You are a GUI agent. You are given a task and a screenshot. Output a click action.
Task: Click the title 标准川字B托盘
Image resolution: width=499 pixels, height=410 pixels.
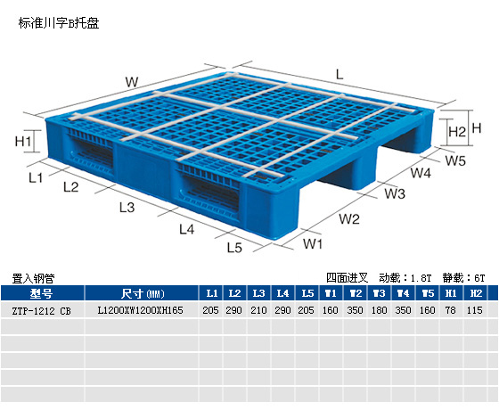59,23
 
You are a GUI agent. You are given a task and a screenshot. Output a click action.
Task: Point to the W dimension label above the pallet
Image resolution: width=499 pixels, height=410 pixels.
132,82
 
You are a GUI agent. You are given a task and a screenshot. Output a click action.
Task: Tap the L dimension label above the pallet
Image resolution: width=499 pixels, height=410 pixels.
339,75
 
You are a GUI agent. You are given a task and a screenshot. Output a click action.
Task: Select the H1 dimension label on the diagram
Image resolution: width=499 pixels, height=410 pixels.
23,141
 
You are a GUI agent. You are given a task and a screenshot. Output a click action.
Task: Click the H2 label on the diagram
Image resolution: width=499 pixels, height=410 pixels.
457,131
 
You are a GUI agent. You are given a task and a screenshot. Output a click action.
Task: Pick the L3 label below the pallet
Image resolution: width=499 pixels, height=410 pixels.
127,207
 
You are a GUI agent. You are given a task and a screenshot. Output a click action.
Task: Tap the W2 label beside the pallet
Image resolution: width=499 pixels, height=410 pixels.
349,219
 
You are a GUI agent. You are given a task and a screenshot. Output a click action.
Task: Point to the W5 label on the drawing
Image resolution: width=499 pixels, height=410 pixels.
455,160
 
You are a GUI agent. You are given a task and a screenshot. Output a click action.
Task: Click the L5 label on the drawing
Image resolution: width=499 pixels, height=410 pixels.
234,248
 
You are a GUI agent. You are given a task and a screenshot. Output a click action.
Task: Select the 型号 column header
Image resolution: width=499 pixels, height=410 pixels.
41,293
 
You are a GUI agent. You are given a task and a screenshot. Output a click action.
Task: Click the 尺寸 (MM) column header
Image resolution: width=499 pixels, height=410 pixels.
143,293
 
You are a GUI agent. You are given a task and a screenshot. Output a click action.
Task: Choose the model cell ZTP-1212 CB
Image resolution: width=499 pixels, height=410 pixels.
41,311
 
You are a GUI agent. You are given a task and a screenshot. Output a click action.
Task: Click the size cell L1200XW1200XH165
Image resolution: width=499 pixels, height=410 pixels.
141,310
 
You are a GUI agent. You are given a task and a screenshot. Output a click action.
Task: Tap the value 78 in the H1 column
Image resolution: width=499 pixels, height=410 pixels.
450,310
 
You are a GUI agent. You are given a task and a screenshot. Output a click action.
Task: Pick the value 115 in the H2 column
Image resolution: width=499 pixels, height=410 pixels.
474,310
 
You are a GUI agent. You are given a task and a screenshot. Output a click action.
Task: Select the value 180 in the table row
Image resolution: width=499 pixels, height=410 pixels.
379,310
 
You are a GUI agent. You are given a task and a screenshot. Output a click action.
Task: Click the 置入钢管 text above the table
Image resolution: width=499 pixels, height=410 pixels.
33,278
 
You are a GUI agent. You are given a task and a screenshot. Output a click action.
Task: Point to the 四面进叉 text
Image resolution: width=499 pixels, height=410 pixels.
347,278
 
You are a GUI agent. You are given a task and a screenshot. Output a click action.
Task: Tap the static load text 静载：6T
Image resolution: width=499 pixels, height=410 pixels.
463,278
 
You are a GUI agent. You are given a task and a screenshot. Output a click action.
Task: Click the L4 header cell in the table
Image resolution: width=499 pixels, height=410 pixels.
282,293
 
